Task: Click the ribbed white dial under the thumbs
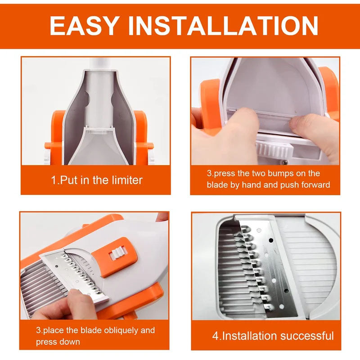(274, 148)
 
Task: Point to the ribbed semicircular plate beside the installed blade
(315, 265)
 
